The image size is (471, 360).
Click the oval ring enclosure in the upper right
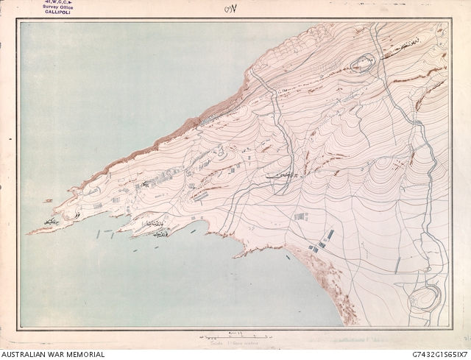tap(362, 65)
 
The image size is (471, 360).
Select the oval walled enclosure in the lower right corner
tap(425, 300)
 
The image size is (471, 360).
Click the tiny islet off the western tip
tap(48, 200)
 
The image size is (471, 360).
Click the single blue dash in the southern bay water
tap(193, 230)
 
